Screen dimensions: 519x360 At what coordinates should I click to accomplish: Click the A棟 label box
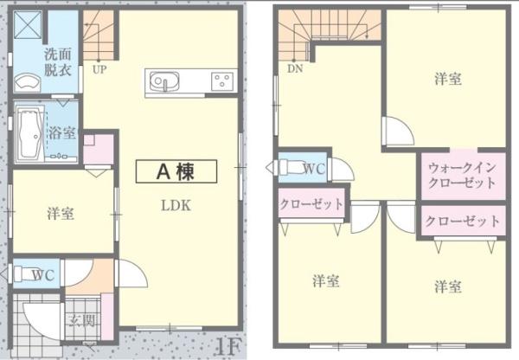pos(176,171)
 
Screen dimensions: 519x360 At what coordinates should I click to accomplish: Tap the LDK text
pos(176,206)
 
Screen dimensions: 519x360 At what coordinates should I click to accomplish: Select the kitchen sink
pos(164,81)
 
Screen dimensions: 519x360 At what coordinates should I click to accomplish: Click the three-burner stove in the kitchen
pos(222,81)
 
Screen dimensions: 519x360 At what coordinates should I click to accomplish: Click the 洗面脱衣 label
pos(58,62)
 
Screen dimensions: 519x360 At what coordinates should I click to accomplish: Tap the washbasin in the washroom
pos(28,82)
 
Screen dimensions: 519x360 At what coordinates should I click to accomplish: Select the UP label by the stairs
pos(99,69)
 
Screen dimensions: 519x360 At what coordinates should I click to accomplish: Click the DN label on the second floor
pos(295,68)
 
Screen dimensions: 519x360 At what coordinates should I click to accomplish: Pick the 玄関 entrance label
pos(83,320)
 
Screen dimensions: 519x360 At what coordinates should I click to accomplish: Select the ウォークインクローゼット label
pos(463,175)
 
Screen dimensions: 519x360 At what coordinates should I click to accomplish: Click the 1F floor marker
pos(228,347)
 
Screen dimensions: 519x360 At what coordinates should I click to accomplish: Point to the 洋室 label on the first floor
pos(61,214)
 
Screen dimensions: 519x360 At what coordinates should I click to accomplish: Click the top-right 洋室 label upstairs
pos(448,79)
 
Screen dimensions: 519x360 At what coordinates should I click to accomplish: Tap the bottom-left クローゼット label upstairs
pos(311,203)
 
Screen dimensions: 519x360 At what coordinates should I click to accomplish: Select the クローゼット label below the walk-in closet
pos(463,221)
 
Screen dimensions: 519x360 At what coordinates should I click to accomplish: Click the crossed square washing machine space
pos(28,24)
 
